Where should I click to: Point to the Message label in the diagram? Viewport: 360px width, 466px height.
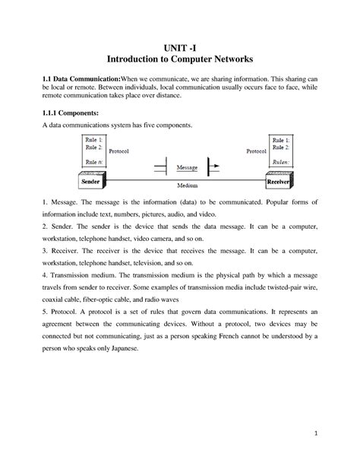pyautogui.click(x=187, y=166)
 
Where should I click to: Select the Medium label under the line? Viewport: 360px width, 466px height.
pyautogui.click(x=187, y=185)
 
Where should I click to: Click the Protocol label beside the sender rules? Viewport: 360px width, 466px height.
pyautogui.click(x=120, y=151)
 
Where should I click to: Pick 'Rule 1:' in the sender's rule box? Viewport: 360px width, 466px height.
pyautogui.click(x=95, y=141)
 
